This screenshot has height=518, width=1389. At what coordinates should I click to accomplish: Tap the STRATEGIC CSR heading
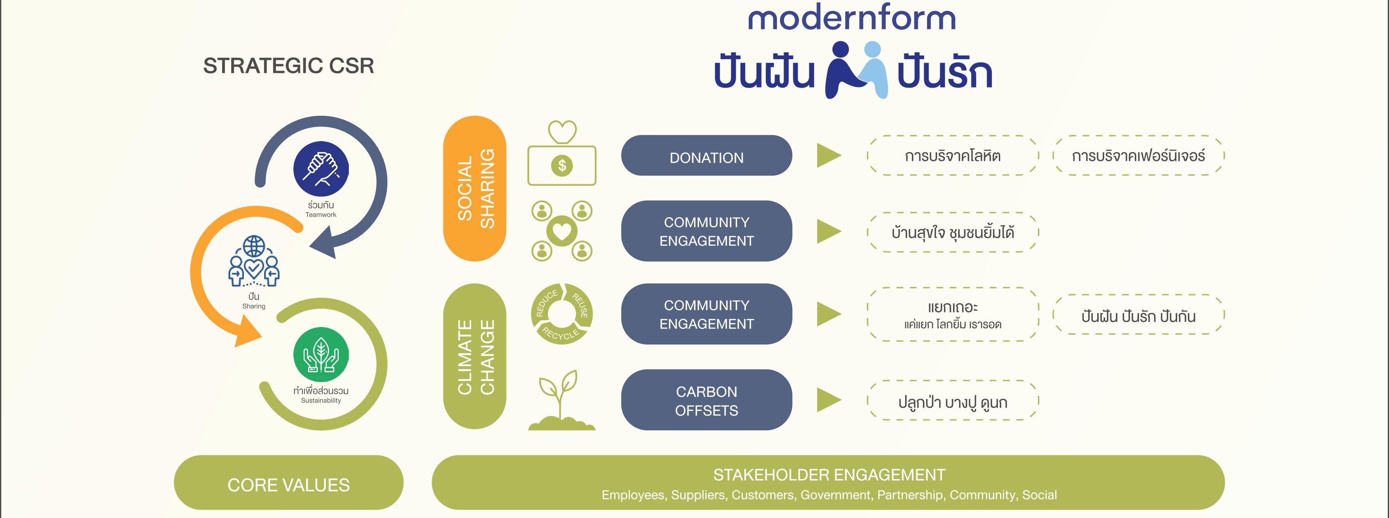pyautogui.click(x=289, y=66)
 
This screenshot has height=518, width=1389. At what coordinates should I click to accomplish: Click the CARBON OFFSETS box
pyautogui.click(x=706, y=400)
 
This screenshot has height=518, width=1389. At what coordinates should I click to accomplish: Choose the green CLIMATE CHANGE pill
pyautogui.click(x=474, y=356)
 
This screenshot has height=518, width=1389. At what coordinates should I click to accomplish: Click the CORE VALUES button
pyautogui.click(x=289, y=482)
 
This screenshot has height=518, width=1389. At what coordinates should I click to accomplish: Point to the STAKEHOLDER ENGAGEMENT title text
pyautogui.click(x=829, y=475)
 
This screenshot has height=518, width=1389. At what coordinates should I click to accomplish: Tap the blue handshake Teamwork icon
pyautogui.click(x=321, y=168)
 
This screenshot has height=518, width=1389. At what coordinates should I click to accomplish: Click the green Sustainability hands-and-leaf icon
pyautogui.click(x=321, y=354)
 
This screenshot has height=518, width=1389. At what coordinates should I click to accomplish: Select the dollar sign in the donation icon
pyautogui.click(x=562, y=165)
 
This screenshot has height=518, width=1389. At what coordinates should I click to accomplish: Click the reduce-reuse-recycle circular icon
pyautogui.click(x=562, y=313)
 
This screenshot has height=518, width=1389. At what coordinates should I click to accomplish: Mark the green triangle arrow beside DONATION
pyautogui.click(x=829, y=155)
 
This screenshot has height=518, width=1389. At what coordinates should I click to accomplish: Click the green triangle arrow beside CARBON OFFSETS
pyautogui.click(x=829, y=400)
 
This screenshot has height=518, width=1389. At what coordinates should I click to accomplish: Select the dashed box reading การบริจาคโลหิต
pyautogui.click(x=953, y=155)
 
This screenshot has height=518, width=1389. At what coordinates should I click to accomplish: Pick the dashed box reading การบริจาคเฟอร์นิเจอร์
pyautogui.click(x=1138, y=155)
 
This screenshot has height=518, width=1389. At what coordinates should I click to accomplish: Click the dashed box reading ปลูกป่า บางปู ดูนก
pyautogui.click(x=953, y=400)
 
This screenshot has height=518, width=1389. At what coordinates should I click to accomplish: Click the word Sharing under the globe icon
pyautogui.click(x=253, y=306)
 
